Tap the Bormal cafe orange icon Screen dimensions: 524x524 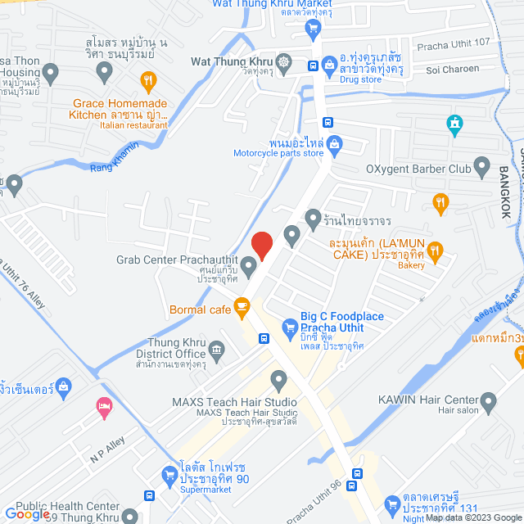click(x=242, y=308)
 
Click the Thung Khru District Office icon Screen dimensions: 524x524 click(x=216, y=350)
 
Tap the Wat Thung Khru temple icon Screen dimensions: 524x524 click(x=283, y=61)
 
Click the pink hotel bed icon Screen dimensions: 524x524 click(x=104, y=407)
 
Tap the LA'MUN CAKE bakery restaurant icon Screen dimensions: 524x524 click(x=436, y=250)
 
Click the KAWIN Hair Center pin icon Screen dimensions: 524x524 click(x=489, y=402)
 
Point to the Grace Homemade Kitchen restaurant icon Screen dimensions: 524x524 click(x=147, y=80)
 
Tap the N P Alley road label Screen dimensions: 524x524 click(x=106, y=448)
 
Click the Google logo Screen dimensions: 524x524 click(x=27, y=513)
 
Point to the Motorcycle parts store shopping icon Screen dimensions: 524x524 click(x=334, y=145)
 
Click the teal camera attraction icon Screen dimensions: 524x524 click(x=454, y=125)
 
